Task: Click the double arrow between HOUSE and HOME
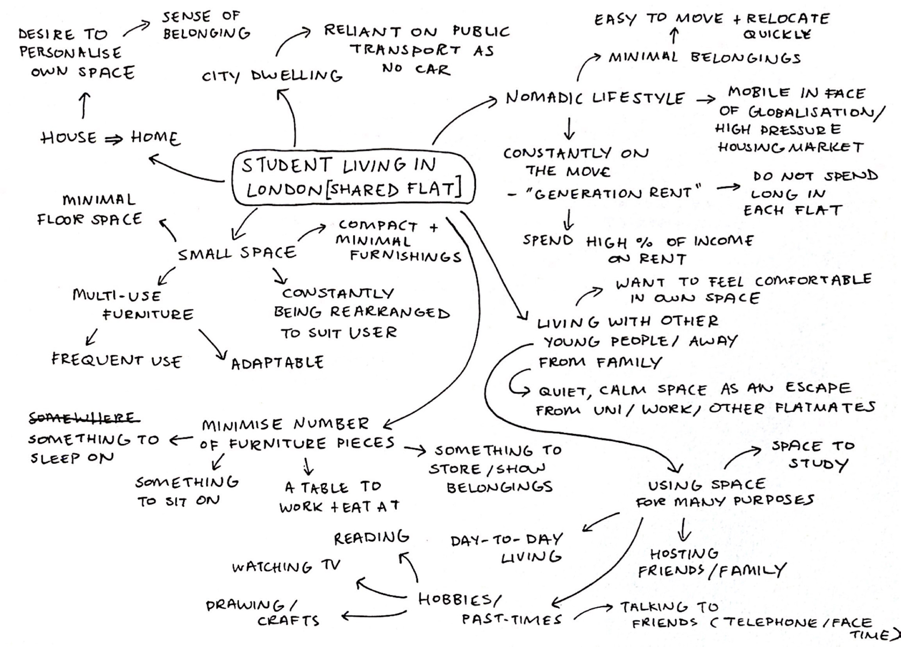(113, 139)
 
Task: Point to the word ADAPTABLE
(277, 362)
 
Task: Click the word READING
(371, 538)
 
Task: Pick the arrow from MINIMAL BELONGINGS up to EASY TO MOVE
(674, 36)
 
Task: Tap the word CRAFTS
(289, 621)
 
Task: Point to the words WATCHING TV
(286, 567)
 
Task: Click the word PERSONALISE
(70, 52)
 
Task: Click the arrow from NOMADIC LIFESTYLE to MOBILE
(705, 100)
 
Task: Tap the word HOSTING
(684, 554)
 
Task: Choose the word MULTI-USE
(116, 295)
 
